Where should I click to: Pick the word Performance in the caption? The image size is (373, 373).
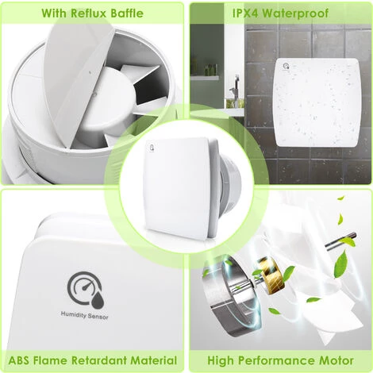pyautogui.click(x=275, y=360)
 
